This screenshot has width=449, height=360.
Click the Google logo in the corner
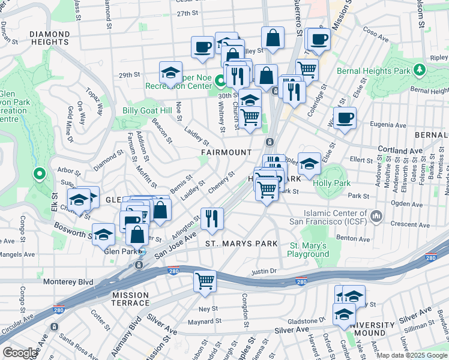(x=19, y=353)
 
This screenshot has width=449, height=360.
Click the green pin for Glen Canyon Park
(x=40, y=175)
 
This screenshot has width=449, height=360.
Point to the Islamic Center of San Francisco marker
(x=376, y=215)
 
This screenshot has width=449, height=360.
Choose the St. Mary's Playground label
(x=309, y=250)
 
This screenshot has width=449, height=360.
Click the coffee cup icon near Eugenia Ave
(x=345, y=119)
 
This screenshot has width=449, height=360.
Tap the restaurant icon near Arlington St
(x=212, y=219)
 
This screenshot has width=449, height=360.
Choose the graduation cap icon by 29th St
(x=171, y=73)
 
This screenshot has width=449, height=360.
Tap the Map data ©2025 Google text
(x=412, y=355)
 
